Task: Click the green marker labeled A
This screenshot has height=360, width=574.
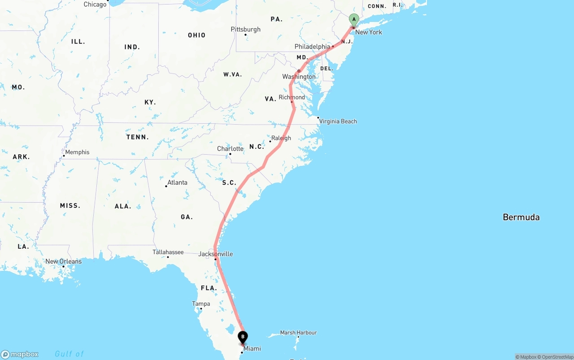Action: (354, 20)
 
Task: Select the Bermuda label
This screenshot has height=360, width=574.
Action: (521, 217)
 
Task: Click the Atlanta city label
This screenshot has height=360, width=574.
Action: (177, 182)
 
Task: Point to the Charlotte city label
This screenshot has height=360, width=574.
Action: (230, 149)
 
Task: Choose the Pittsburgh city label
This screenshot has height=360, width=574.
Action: (245, 30)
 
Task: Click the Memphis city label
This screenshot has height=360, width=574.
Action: (77, 152)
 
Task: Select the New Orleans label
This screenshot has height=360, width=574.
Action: (64, 261)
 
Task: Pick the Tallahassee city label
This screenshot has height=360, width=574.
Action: (168, 252)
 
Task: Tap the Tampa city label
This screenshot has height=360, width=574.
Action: (201, 304)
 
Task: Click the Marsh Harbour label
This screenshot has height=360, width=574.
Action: (298, 333)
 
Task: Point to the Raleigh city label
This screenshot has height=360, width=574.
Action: (281, 138)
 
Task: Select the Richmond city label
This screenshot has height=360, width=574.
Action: (291, 97)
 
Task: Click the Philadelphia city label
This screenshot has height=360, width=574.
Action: (312, 47)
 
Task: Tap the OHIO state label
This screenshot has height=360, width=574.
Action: (197, 35)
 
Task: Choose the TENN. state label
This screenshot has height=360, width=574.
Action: (138, 137)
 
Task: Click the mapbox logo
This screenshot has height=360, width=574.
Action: (20, 354)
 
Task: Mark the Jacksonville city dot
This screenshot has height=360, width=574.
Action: (215, 259)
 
